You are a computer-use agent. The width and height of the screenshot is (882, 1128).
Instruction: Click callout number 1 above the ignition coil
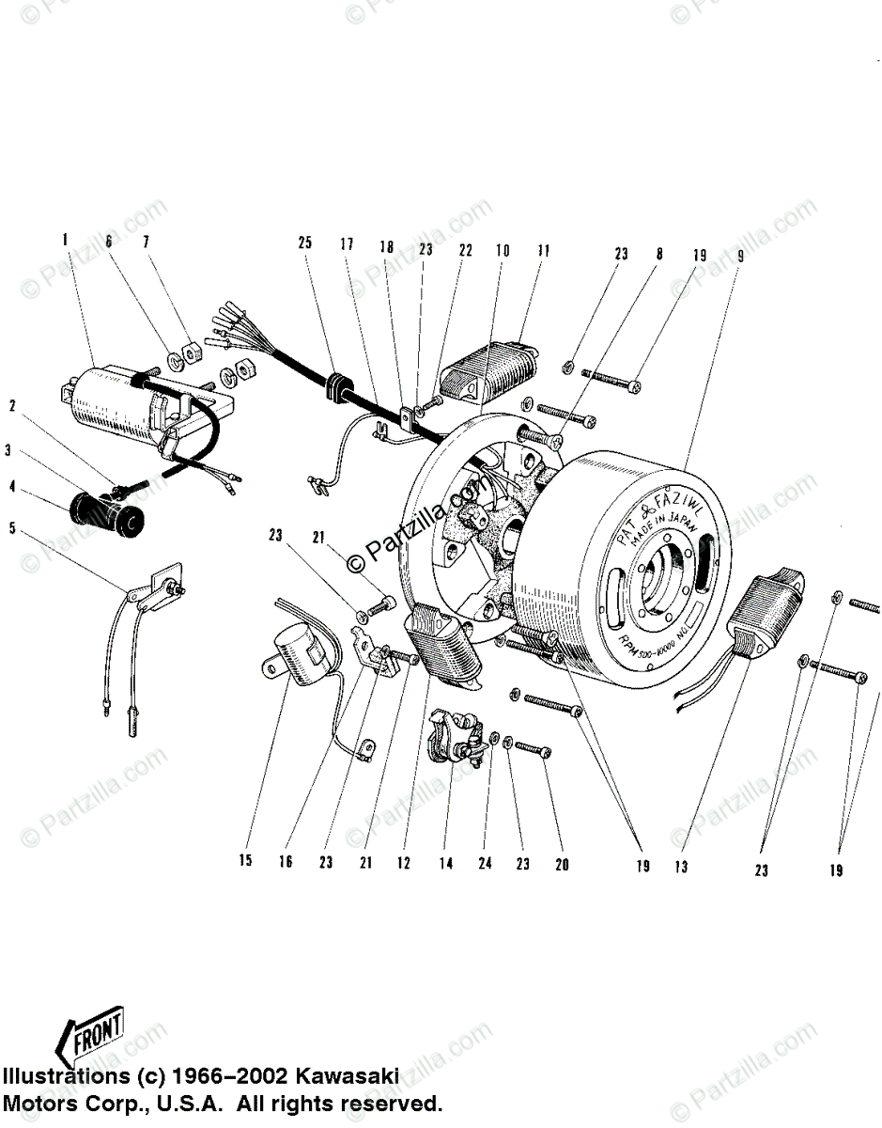66,241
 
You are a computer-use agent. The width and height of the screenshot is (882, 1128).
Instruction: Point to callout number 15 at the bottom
245,861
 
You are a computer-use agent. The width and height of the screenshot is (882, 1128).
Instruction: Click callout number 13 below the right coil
682,866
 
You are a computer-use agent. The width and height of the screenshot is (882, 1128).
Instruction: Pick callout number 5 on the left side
12,528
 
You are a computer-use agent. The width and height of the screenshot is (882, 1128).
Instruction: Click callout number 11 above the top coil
544,251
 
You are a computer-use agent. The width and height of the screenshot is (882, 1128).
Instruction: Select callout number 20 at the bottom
562,864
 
